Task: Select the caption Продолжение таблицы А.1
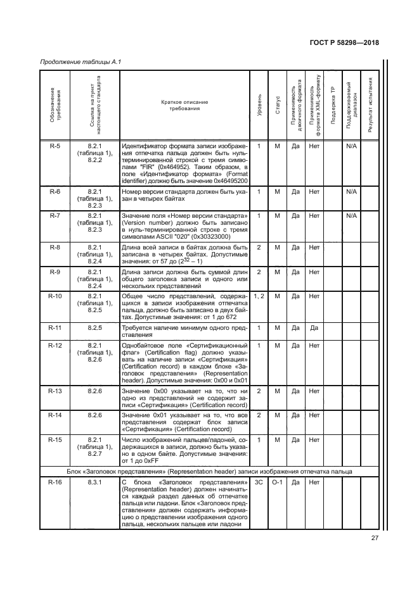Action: coord(81,61)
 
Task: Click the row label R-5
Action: coord(55,146)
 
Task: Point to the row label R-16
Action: coord(55,483)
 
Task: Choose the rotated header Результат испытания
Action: coord(370,104)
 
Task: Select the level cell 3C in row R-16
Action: coord(259,483)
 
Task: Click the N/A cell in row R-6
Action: coord(351,191)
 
